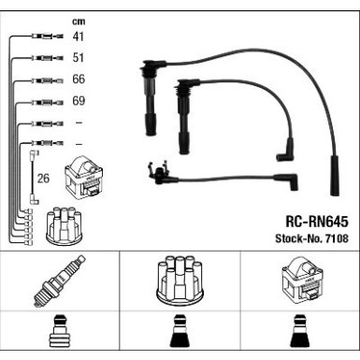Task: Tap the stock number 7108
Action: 334,239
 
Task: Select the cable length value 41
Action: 79,37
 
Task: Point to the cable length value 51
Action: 79,58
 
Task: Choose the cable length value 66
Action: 79,79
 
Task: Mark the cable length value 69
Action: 79,101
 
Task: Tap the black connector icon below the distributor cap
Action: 179,336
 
